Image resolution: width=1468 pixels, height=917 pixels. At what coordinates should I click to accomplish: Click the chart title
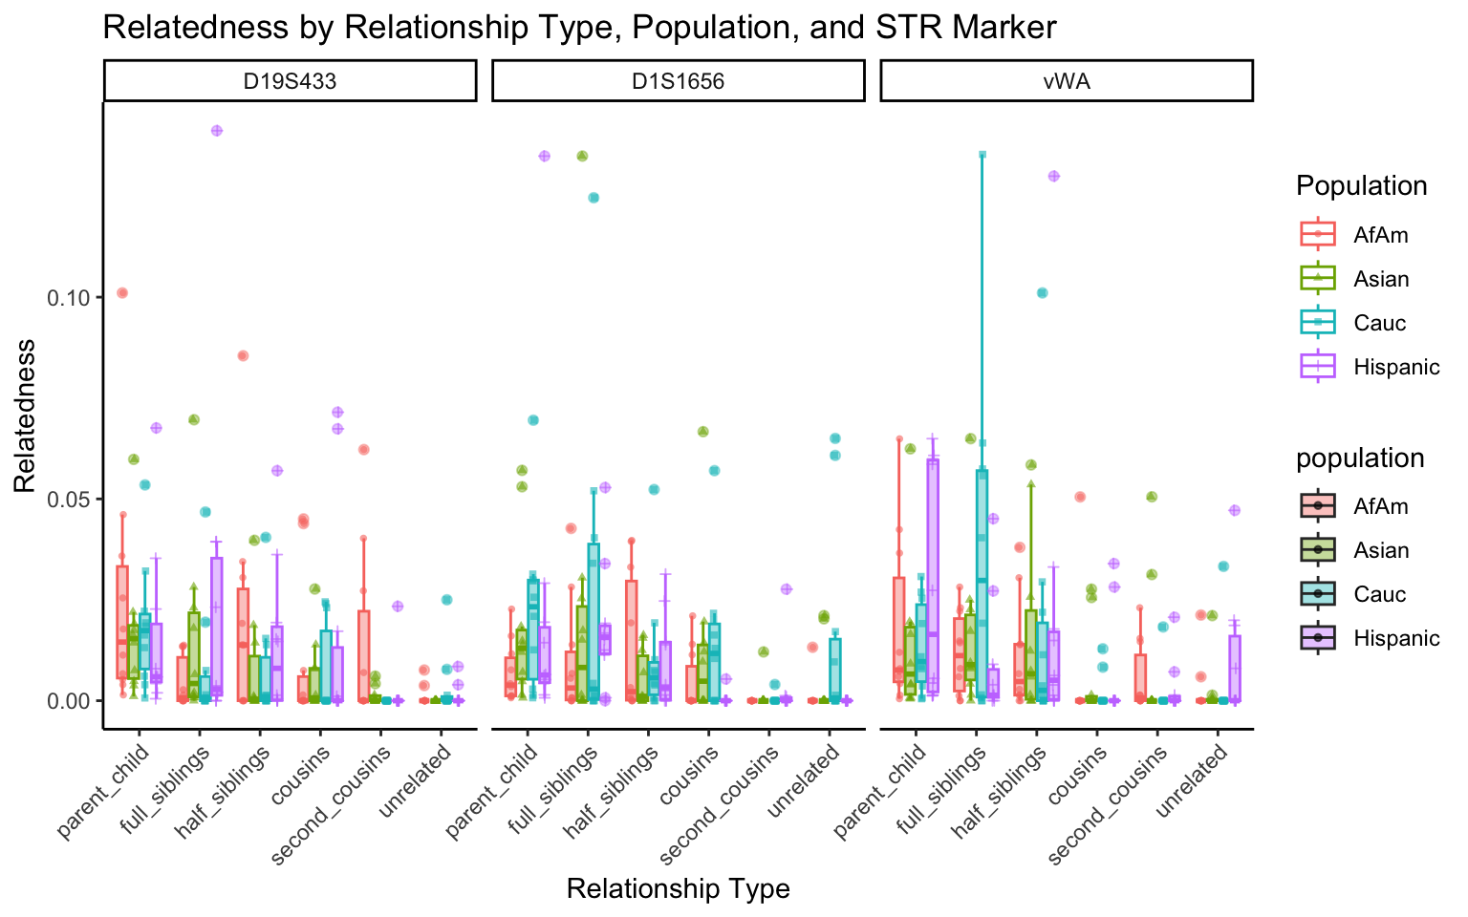[579, 27]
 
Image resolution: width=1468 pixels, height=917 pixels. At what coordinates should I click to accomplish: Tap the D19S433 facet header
[290, 81]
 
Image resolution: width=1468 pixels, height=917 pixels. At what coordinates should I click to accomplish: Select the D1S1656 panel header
[678, 81]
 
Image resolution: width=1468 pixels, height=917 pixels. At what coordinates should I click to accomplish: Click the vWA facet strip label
[1066, 81]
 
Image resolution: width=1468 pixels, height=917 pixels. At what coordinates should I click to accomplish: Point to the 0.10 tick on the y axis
[69, 297]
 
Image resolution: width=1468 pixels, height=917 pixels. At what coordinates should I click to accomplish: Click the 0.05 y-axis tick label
[69, 499]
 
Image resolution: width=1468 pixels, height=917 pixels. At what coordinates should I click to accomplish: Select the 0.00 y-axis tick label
[69, 700]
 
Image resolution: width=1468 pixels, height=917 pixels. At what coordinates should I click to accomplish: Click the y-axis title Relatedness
[25, 416]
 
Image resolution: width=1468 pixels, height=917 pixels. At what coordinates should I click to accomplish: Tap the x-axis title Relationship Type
[678, 888]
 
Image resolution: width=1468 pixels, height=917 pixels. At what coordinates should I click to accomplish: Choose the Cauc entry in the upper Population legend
[1379, 323]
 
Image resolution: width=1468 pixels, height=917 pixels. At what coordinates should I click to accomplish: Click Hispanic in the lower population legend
[1395, 638]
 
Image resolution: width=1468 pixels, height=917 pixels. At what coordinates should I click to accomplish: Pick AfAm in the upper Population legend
[1380, 235]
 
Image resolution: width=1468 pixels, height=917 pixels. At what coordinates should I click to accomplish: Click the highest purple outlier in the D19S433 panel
[217, 131]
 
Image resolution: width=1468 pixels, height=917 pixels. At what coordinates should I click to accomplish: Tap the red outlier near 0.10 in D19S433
[122, 292]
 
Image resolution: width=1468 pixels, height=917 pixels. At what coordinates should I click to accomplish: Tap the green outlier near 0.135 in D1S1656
[582, 156]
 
